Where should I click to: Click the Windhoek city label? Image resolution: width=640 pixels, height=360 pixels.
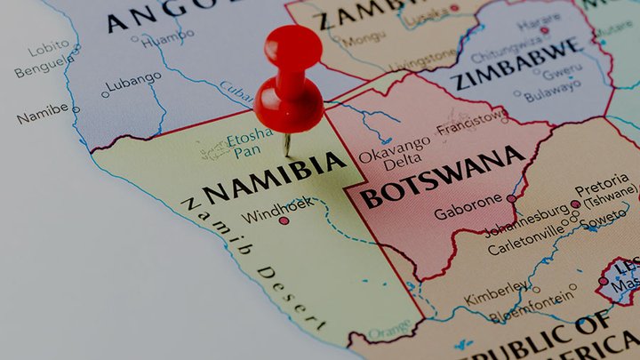252,216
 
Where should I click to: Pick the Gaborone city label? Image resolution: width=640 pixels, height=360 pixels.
468,213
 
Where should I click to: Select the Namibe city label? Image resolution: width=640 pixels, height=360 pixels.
42,113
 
